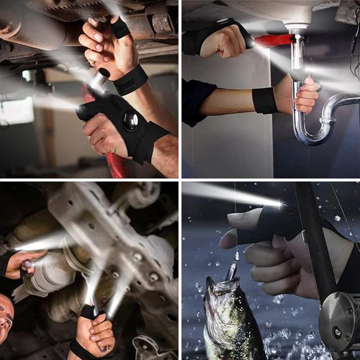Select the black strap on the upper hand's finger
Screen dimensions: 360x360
(120, 29)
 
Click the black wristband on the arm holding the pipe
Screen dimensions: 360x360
(264, 100)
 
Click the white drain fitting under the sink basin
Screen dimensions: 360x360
(296, 30)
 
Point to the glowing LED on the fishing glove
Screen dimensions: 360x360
(279, 204)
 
